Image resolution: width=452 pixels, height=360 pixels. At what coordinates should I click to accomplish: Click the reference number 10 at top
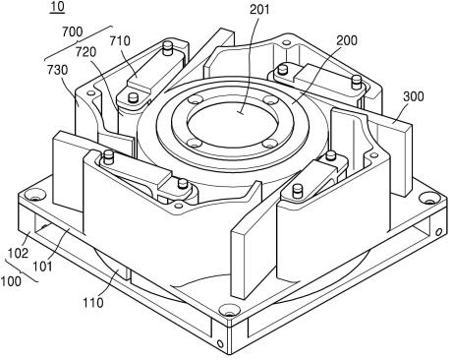(x=57, y=7)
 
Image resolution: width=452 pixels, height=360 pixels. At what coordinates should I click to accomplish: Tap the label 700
(x=72, y=31)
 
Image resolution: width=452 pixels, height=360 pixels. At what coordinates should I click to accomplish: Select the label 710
(x=120, y=41)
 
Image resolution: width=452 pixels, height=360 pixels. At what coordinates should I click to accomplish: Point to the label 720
(x=86, y=52)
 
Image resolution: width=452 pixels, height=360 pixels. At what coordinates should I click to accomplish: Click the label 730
(x=57, y=70)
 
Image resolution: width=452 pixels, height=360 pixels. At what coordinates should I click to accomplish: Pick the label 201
(x=259, y=9)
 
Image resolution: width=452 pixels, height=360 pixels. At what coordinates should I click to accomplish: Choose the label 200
(x=347, y=40)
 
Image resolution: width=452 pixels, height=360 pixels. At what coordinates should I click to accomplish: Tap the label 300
(x=414, y=96)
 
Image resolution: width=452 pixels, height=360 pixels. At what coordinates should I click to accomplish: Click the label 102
(x=18, y=253)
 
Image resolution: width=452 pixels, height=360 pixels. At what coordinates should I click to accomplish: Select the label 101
(x=42, y=267)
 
